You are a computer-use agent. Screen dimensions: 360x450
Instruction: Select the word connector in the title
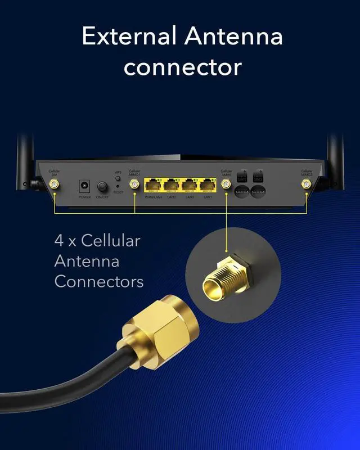(x=183, y=67)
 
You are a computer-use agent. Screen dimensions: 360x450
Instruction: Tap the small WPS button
(x=118, y=178)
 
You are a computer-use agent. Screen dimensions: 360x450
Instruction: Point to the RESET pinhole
(x=118, y=186)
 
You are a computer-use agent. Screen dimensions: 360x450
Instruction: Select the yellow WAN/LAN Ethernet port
(x=153, y=184)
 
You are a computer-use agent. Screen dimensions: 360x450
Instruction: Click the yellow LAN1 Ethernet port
(x=208, y=184)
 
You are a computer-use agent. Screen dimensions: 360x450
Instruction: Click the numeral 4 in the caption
(x=59, y=241)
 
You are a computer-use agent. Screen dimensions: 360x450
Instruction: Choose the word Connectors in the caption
(x=99, y=281)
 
